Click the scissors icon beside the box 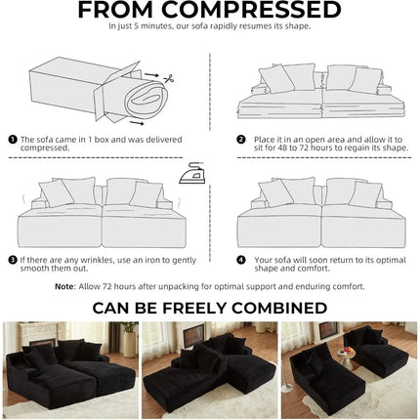point(169,78)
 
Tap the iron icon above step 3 point(191,173)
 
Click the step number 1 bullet point(13,140)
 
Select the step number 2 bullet point(241,140)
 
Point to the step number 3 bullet point(13,260)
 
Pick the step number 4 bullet point(241,260)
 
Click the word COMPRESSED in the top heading point(251,10)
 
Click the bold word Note point(64,286)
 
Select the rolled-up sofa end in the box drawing point(147,100)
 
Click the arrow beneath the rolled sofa point(137,123)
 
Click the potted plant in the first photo point(129,339)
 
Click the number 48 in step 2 point(282,147)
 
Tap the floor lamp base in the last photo point(287,388)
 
